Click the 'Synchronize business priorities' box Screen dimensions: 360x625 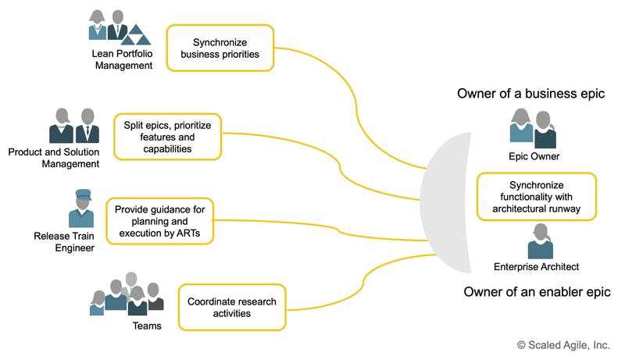click(220, 48)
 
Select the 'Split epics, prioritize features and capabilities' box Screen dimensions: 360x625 click(168, 136)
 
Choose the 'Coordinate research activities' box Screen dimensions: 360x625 click(232, 307)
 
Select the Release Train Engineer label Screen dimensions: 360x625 click(65, 242)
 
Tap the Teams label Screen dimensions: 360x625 click(147, 326)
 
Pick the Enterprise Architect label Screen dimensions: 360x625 click(536, 267)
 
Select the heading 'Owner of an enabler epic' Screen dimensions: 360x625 click(537, 292)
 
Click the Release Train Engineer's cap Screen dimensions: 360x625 click(84, 194)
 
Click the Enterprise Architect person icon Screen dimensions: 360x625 click(539, 241)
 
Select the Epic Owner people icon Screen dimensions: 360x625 click(533, 128)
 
